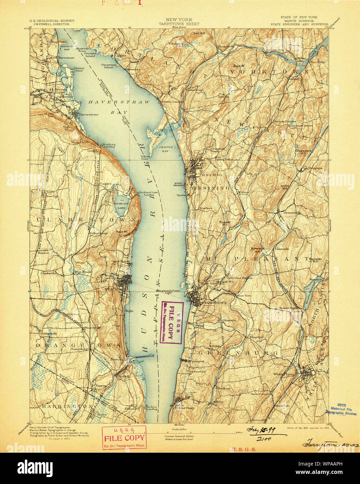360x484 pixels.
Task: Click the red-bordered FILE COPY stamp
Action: [x=124, y=437]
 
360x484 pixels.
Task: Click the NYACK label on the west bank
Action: [x=114, y=289]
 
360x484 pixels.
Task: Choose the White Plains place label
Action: [x=284, y=374]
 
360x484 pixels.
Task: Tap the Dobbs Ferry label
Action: [x=180, y=408]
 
